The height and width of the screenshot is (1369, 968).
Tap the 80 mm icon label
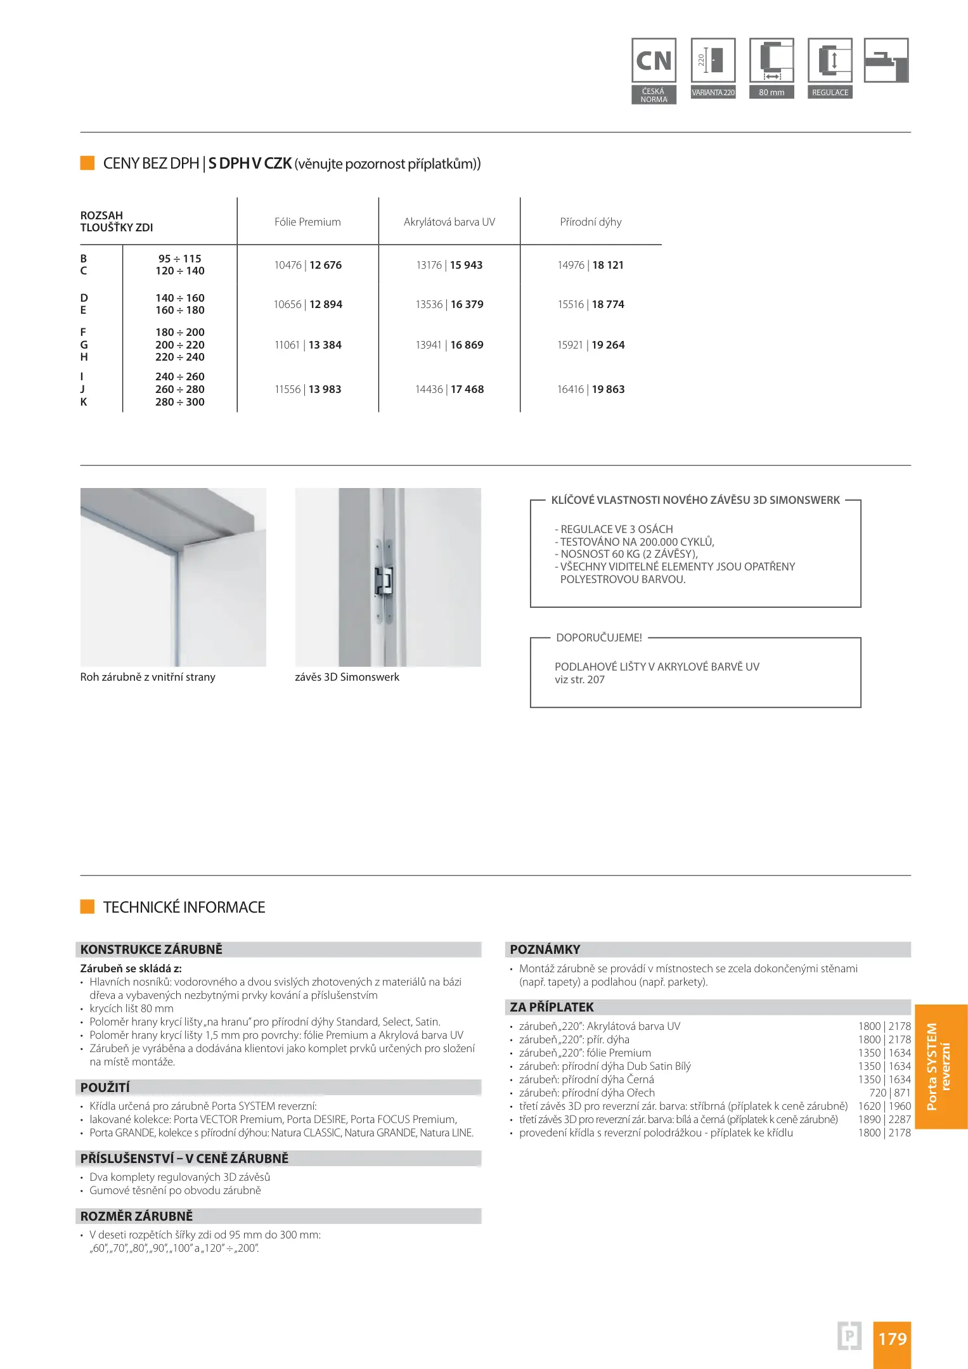[771, 93]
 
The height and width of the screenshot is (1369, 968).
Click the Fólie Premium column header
[307, 222]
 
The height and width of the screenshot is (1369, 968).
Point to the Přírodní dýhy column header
[590, 222]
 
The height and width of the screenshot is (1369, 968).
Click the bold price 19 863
[608, 389]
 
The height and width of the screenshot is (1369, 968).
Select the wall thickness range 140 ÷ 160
[180, 298]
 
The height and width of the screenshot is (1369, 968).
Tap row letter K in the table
[84, 402]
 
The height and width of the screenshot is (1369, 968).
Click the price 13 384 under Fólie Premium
[325, 345]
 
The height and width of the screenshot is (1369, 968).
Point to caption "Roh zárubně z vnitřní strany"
[148, 677]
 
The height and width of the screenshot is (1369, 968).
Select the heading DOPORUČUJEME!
[599, 638]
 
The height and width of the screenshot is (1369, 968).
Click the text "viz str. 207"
[579, 679]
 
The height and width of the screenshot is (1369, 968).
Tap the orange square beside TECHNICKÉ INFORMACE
[87, 907]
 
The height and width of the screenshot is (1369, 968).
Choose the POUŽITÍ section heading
[105, 1088]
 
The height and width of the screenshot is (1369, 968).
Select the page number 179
[892, 1339]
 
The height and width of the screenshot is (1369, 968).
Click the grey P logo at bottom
[849, 1336]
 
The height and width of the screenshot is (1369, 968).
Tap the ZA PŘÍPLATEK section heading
[552, 1007]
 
